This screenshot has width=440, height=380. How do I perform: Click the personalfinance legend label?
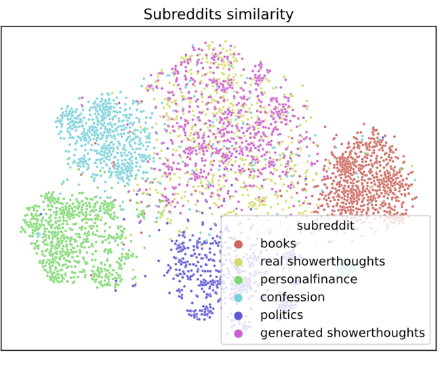(308, 279)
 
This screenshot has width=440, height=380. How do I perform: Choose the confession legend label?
(292, 297)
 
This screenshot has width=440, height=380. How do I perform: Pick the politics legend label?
(281, 315)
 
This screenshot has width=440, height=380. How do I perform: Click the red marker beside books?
(239, 244)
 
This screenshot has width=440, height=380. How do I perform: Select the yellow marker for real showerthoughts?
(239, 261)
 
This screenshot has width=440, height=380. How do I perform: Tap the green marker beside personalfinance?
(239, 279)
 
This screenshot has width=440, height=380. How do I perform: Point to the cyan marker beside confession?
(239, 297)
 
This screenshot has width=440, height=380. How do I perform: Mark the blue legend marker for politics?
(239, 315)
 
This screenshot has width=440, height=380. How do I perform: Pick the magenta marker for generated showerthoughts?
(239, 333)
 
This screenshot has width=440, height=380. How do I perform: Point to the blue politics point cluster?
(197, 271)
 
